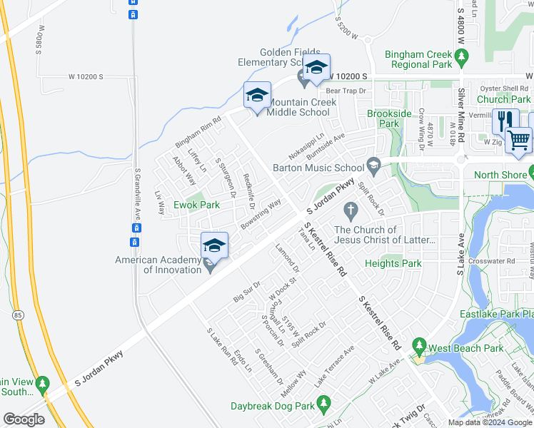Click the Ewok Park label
coord(199,205)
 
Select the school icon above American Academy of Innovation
coord(214,245)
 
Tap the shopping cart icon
coord(519,138)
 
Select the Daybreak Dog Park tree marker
coord(323,404)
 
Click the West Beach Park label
coord(466,349)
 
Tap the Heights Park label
coord(393,263)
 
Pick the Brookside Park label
coord(389,118)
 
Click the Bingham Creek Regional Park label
coord(418,59)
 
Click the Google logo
coord(24,419)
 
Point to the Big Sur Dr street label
coord(248,292)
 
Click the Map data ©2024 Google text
coord(490,422)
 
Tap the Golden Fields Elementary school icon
coord(315,68)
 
